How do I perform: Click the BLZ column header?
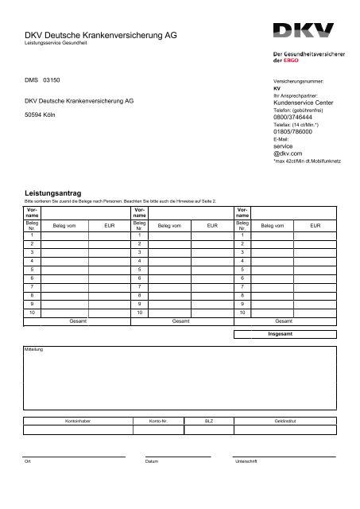209,419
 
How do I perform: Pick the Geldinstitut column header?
285,419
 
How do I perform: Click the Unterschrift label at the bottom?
245,461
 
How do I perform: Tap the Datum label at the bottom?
152,461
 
